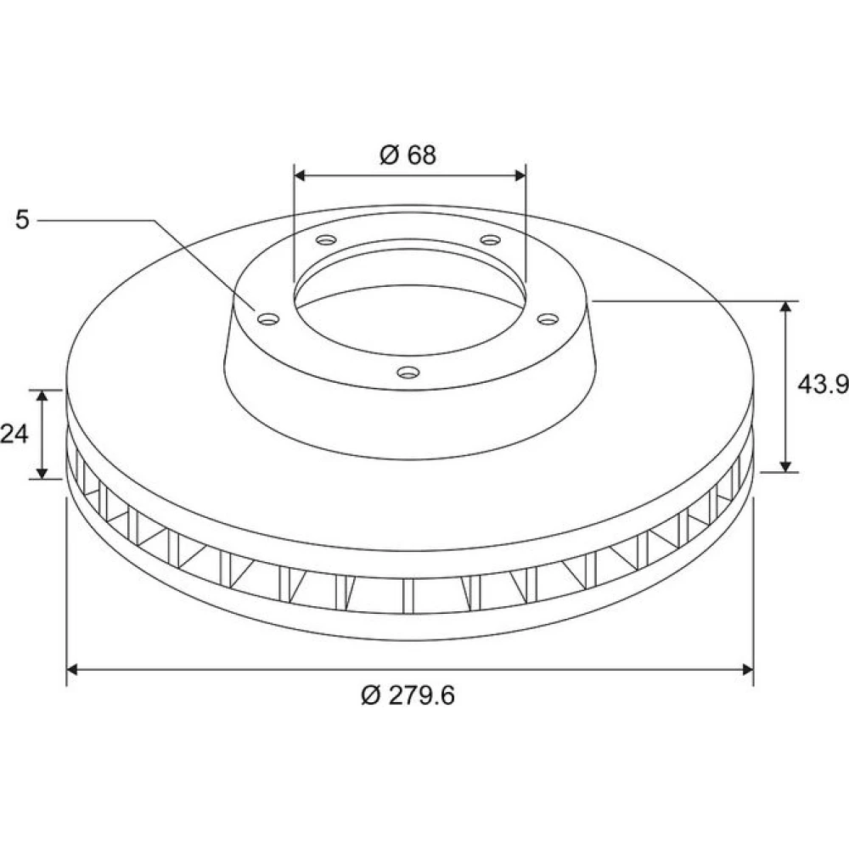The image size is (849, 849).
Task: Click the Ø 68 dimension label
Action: pos(408,155)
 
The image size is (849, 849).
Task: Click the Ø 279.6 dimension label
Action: pos(408,696)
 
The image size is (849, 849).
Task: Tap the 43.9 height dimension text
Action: pos(823,385)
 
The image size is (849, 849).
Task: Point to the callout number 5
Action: pos(22,220)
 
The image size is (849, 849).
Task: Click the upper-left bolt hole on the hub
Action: pos(327,239)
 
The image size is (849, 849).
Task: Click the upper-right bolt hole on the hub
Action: pos(490,239)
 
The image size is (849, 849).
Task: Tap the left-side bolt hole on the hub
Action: pos(268,319)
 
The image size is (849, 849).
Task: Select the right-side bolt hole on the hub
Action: pos(548,319)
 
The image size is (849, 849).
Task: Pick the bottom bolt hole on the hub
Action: pos(408,372)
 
